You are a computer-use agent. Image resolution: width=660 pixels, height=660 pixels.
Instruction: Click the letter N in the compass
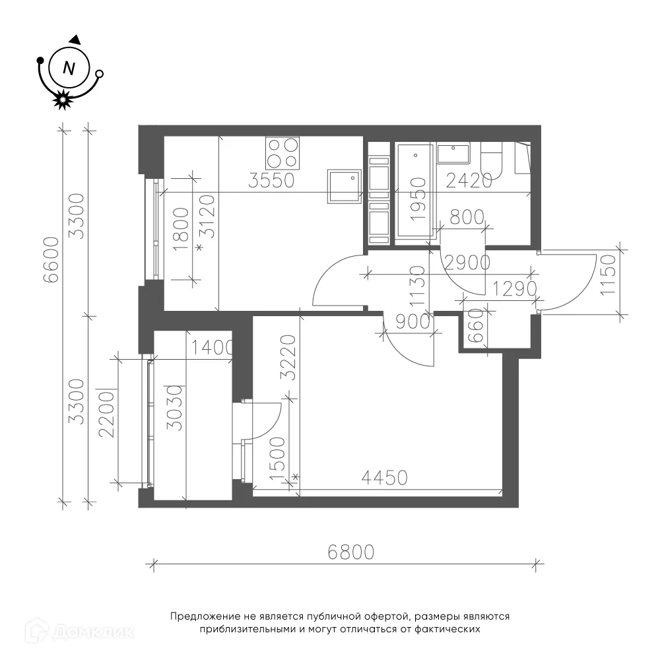(69, 68)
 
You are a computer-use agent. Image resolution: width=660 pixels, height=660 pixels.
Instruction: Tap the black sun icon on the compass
(62, 100)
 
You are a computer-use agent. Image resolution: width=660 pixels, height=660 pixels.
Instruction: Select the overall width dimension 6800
(351, 552)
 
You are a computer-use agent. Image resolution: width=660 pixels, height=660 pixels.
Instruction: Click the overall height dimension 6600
(53, 259)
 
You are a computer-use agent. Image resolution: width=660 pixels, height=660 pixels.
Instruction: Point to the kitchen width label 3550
(271, 181)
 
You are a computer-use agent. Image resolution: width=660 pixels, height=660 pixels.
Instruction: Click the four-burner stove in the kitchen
(282, 153)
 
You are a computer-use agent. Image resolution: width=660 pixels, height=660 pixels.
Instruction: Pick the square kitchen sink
(345, 187)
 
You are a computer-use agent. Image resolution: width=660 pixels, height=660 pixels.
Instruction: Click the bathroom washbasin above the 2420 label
(453, 154)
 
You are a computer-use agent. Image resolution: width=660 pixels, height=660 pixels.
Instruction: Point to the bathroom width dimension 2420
(469, 181)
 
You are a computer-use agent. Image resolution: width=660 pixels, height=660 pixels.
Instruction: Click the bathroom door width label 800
(467, 218)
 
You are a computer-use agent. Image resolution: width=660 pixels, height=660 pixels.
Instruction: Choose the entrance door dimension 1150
(609, 275)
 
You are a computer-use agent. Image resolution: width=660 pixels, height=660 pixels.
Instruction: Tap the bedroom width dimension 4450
(385, 478)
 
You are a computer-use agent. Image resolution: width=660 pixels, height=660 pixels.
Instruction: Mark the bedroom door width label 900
(413, 322)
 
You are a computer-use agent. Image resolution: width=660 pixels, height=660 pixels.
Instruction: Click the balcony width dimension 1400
(212, 348)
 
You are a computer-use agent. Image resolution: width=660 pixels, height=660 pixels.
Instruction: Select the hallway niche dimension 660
(476, 325)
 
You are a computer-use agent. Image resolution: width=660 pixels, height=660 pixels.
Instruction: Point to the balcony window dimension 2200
(106, 415)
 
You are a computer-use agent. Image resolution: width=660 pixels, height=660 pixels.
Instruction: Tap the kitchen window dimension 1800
(181, 229)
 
